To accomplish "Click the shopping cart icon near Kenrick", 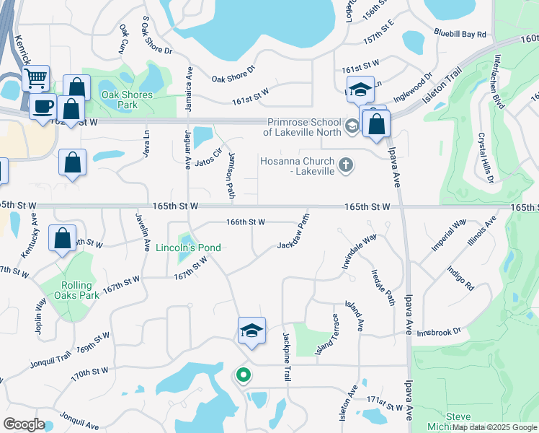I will click(x=35, y=78).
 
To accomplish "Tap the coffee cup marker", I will click(x=43, y=106).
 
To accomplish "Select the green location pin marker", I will click(x=244, y=375).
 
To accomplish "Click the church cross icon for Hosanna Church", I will click(x=346, y=165).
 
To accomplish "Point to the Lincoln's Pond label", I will click(x=188, y=248).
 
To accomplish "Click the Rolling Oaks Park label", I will click(x=80, y=290).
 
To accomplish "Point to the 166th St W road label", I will click(x=246, y=222).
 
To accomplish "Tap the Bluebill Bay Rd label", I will click(x=460, y=34).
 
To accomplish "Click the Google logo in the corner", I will click(x=24, y=424).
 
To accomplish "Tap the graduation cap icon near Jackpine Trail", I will click(x=251, y=331).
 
